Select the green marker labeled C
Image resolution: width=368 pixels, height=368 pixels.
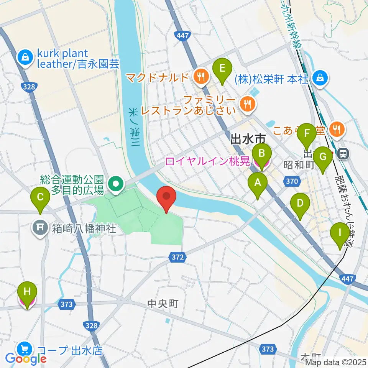pyautogui.click(x=40, y=199)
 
